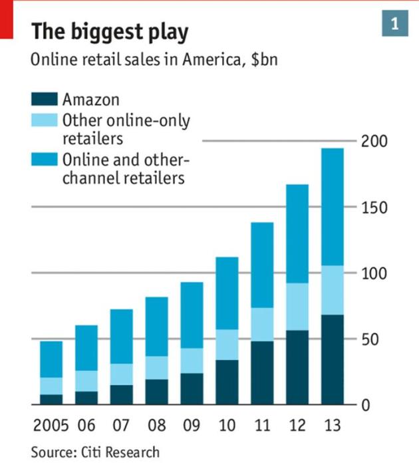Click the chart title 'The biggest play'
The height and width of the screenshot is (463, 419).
110,31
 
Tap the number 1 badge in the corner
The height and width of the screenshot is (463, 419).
394,25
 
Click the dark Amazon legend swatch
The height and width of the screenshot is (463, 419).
44,100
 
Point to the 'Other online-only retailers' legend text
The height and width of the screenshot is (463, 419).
126,130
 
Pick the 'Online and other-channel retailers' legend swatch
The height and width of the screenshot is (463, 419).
44,161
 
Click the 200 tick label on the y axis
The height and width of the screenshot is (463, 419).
374,141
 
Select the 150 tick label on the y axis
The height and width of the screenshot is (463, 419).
374,207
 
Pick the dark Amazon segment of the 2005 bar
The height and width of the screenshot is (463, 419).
51,399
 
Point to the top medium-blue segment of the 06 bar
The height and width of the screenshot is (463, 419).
86,348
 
